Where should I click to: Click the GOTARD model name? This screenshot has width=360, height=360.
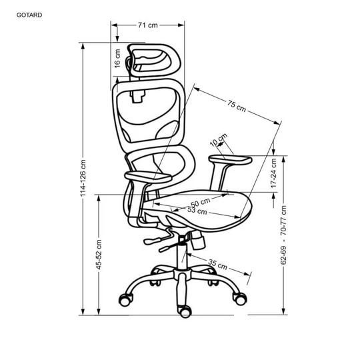(x=29, y=15)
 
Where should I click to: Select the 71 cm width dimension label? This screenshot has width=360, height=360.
(x=148, y=25)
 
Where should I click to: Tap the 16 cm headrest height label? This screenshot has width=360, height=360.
(x=117, y=58)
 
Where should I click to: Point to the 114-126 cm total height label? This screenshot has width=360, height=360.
(x=83, y=178)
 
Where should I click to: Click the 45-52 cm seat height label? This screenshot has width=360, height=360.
(x=99, y=255)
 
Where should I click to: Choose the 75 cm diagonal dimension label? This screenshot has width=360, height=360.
(x=237, y=106)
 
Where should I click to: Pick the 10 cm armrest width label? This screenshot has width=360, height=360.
(x=219, y=139)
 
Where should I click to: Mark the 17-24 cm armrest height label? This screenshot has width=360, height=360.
(x=273, y=173)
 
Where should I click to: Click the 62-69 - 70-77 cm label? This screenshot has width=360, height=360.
(x=284, y=235)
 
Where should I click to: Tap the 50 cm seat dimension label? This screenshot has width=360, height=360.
(x=200, y=203)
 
